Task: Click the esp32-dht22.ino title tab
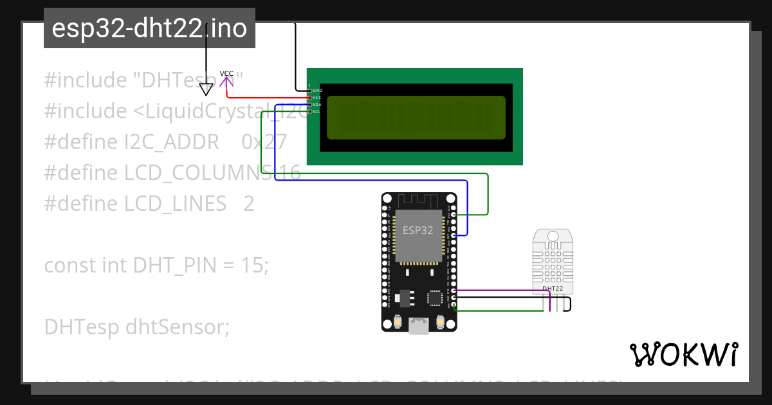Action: pyautogui.click(x=149, y=28)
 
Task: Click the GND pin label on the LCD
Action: pyautogui.click(x=317, y=91)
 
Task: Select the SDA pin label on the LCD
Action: pyautogui.click(x=317, y=104)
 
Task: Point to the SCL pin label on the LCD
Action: pyautogui.click(x=317, y=111)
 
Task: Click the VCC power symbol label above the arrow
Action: pyautogui.click(x=226, y=73)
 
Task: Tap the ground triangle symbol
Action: pyautogui.click(x=206, y=89)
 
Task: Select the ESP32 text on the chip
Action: pyautogui.click(x=418, y=230)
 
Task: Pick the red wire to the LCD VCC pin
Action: pyautogui.click(x=270, y=97)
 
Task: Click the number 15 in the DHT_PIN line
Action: pyautogui.click(x=253, y=265)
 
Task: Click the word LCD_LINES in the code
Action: pyautogui.click(x=175, y=203)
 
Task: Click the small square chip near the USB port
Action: pyautogui.click(x=435, y=297)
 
